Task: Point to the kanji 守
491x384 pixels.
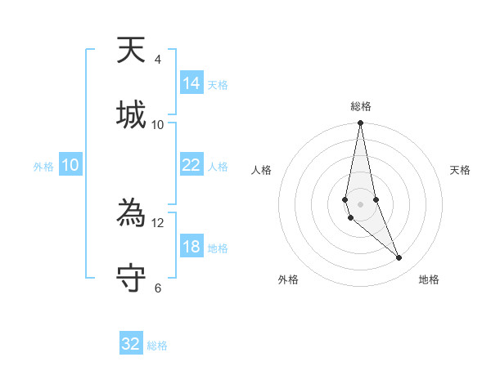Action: pyautogui.click(x=132, y=277)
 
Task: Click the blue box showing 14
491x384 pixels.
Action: pyautogui.click(x=191, y=83)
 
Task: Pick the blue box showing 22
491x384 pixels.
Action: pyautogui.click(x=191, y=165)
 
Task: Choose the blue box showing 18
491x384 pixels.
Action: pyautogui.click(x=191, y=247)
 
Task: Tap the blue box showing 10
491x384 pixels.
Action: pyautogui.click(x=70, y=165)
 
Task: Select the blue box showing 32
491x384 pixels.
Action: pyautogui.click(x=131, y=344)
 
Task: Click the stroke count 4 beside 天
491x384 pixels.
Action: pyautogui.click(x=158, y=60)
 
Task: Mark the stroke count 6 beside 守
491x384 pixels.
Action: pyautogui.click(x=158, y=288)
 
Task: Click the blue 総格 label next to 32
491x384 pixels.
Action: pyautogui.click(x=157, y=346)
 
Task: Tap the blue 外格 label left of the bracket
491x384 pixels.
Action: pyautogui.click(x=43, y=167)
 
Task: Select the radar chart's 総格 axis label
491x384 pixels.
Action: pyautogui.click(x=360, y=106)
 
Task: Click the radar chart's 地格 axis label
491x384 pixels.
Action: pyautogui.click(x=429, y=280)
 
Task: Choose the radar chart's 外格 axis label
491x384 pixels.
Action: pyautogui.click(x=288, y=280)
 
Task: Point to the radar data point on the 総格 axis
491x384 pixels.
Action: pyautogui.click(x=360, y=123)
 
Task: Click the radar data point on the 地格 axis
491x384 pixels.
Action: pyautogui.click(x=399, y=258)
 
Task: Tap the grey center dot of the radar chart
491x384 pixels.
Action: pyautogui.click(x=360, y=203)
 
